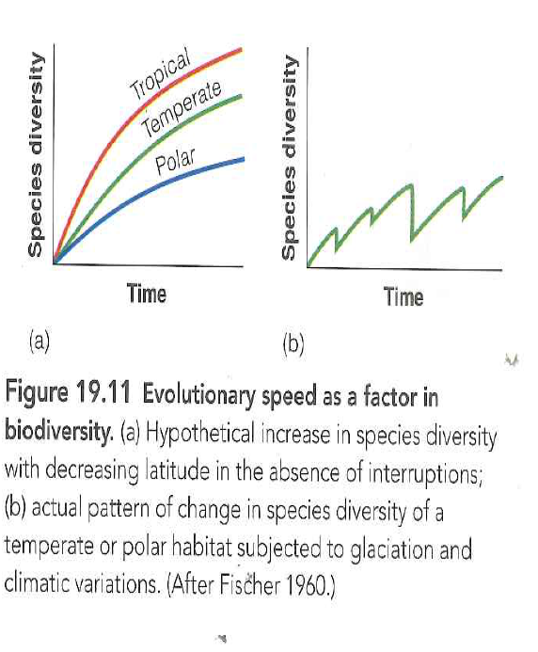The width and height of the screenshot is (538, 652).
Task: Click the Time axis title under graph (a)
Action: click(x=147, y=294)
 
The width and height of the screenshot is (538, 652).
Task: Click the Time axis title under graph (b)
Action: click(x=403, y=297)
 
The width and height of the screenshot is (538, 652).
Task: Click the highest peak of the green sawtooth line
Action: click(x=411, y=184)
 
